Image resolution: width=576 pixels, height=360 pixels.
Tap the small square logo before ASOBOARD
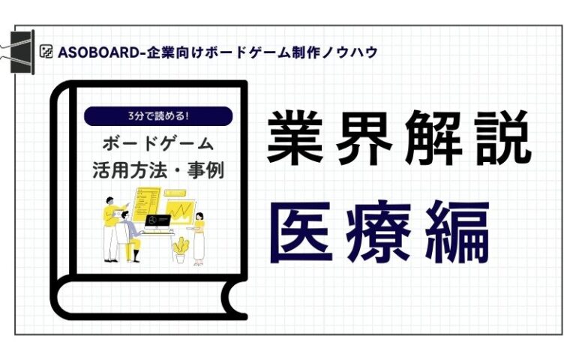pyautogui.click(x=46, y=52)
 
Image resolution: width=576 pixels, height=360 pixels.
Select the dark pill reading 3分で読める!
pyautogui.click(x=158, y=116)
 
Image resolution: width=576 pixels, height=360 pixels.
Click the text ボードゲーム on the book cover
pyautogui.click(x=158, y=143)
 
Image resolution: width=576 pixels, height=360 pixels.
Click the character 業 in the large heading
pyautogui.click(x=295, y=137)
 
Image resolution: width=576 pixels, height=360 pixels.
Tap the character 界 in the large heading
pyautogui.click(x=364, y=137)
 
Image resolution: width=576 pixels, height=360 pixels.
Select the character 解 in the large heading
pyautogui.click(x=433, y=137)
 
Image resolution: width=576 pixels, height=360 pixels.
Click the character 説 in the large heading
pyautogui.click(x=502, y=137)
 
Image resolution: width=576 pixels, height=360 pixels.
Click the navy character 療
pyautogui.click(x=379, y=232)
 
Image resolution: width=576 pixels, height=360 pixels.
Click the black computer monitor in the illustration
pyautogui.click(x=158, y=223)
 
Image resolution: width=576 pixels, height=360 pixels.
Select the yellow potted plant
pyautogui.click(x=180, y=250)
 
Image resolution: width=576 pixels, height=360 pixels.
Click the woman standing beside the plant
pyautogui.click(x=199, y=238)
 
